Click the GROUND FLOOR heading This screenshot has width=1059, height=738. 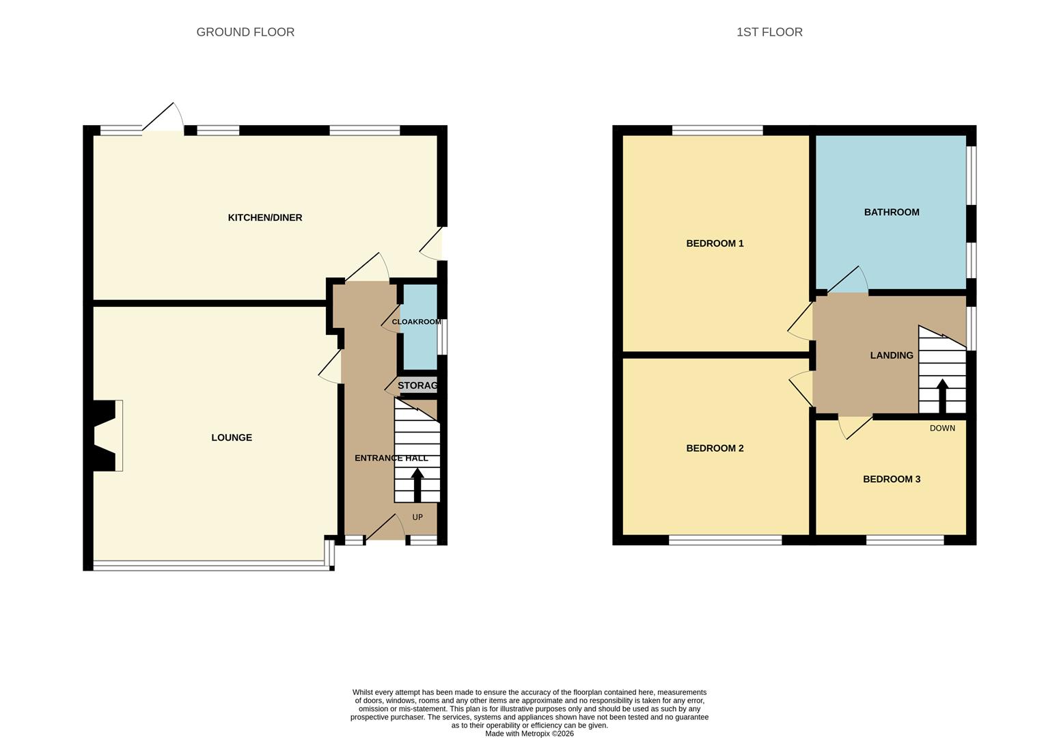click(x=245, y=32)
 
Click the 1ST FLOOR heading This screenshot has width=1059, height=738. click(x=769, y=32)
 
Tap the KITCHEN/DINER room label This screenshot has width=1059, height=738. click(x=265, y=217)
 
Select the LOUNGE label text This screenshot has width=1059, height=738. click(x=232, y=437)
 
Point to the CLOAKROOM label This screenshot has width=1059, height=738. click(x=416, y=322)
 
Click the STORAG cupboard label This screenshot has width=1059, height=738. click(x=417, y=385)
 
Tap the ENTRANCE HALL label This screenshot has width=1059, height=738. click(x=391, y=458)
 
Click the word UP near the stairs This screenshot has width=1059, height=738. click(x=417, y=517)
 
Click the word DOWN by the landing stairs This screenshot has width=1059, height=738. click(x=942, y=428)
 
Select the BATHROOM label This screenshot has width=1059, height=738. click(x=892, y=212)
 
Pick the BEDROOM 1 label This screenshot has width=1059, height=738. click(x=715, y=243)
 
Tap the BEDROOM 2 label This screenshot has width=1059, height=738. click(x=715, y=448)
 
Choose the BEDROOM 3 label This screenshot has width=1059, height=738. click(x=892, y=479)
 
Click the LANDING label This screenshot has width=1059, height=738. click(x=892, y=355)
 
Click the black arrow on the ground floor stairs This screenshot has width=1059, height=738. click(x=417, y=484)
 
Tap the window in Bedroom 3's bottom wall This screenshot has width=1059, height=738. click(x=905, y=540)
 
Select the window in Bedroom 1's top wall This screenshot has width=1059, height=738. click(x=717, y=130)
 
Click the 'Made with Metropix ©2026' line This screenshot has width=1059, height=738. click(x=529, y=734)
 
